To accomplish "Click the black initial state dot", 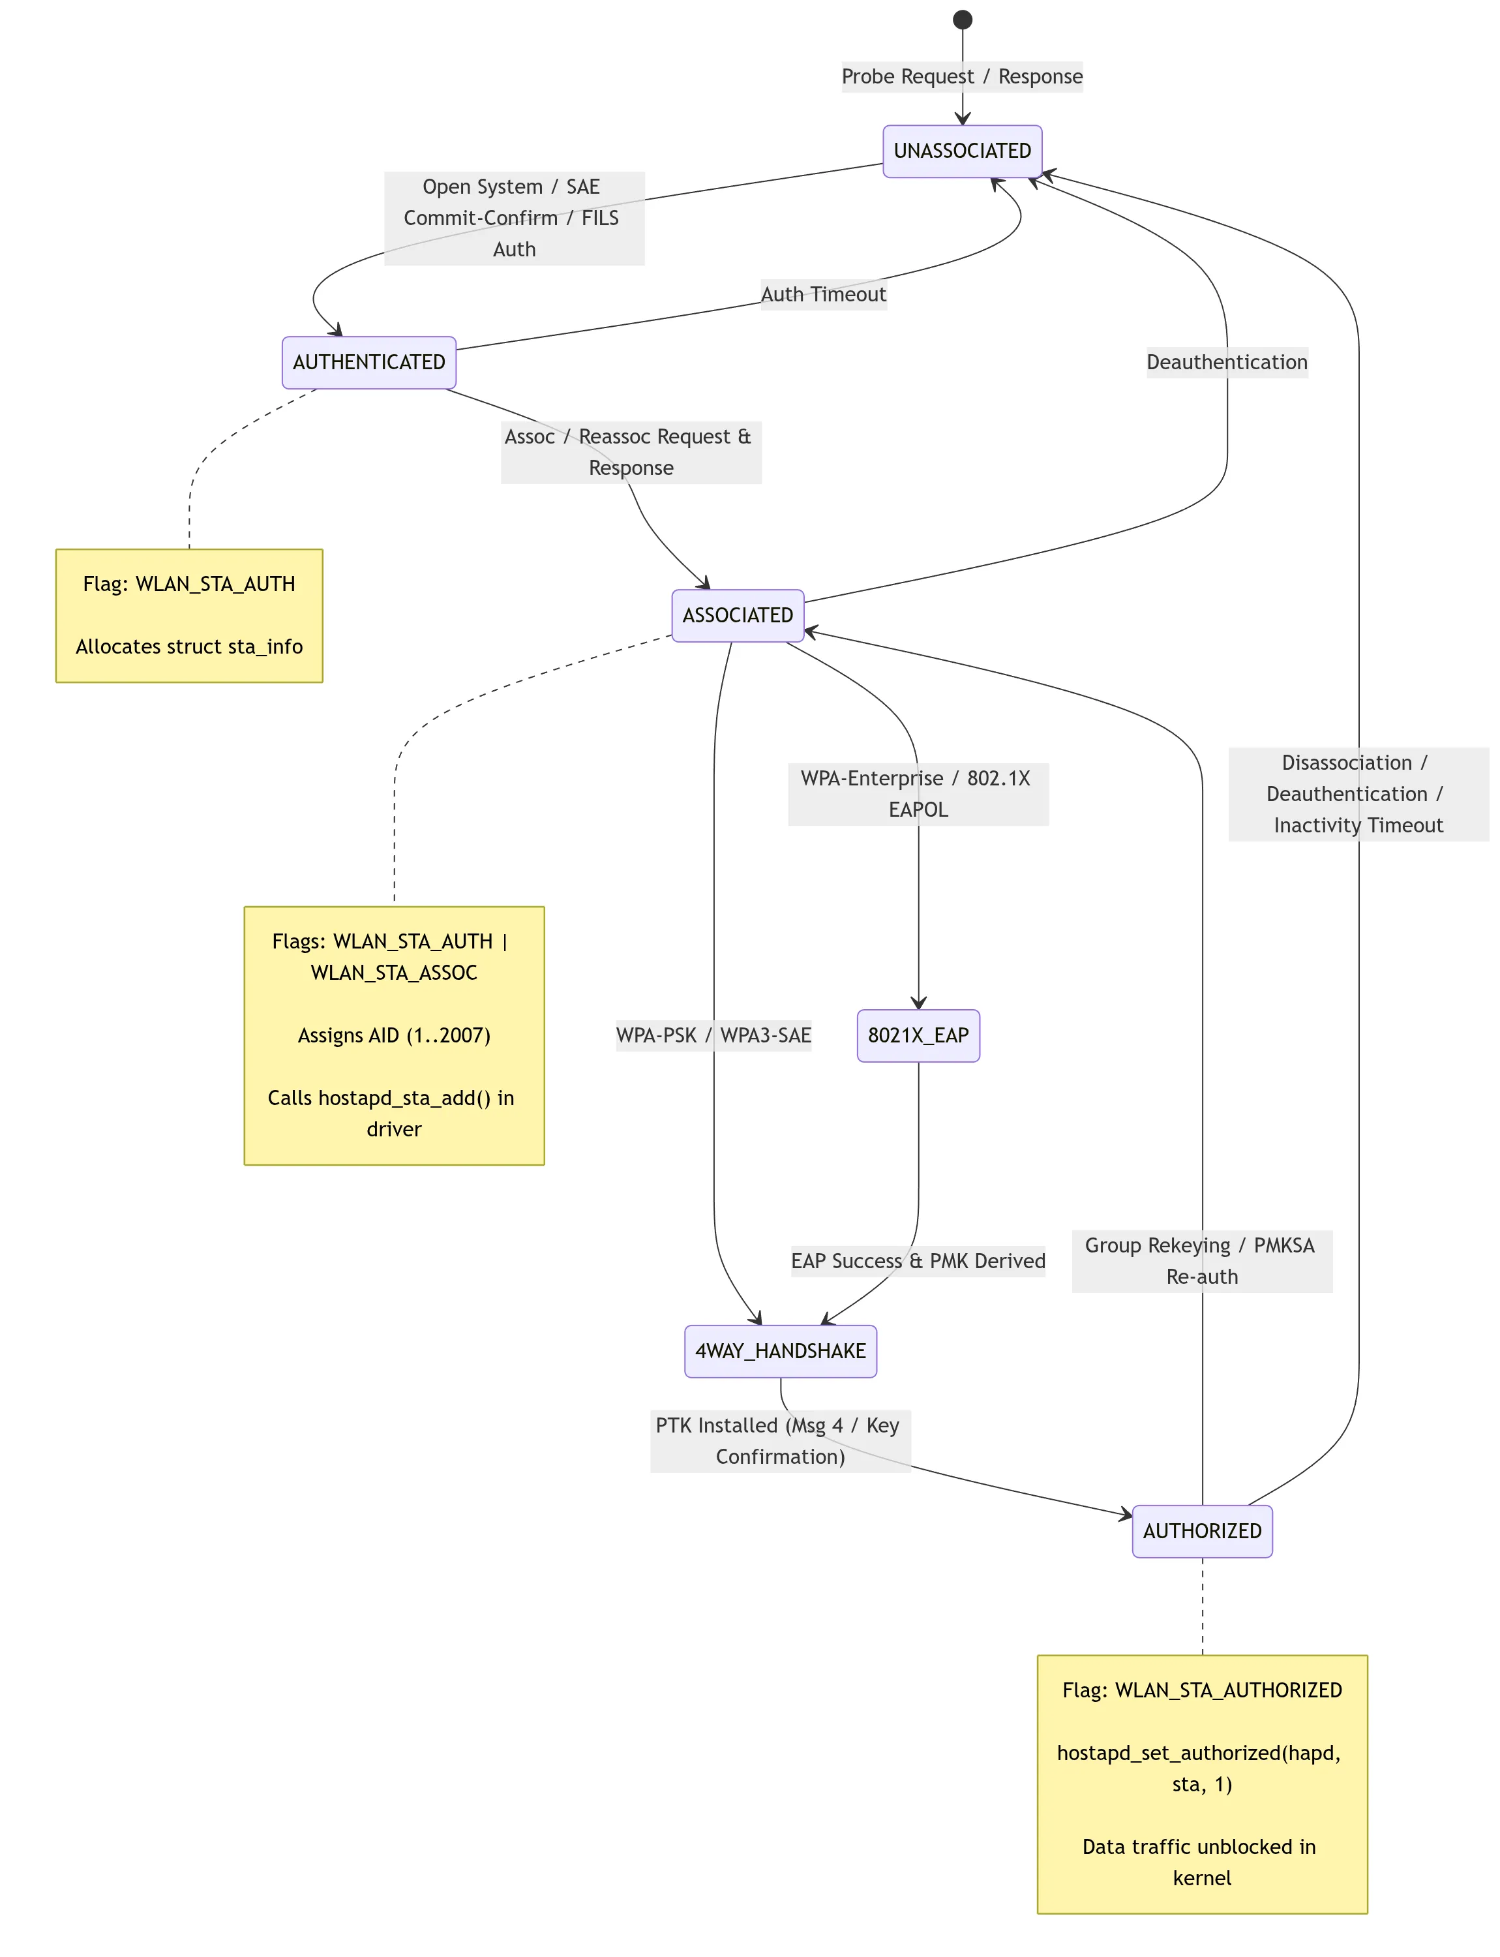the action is pos(963,20).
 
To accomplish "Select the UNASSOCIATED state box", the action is pos(963,151).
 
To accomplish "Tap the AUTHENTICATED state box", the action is pos(368,363).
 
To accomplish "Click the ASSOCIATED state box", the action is pos(738,615).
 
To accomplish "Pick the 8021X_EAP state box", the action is pos(918,1036).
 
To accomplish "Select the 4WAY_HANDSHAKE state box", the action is pos(781,1352).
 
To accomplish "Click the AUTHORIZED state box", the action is pos(1202,1531).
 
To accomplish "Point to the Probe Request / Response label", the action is pos(963,77).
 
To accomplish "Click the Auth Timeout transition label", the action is pos(823,295).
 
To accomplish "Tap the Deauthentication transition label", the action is pos(1227,363).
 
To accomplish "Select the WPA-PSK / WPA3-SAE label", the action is pos(713,1036).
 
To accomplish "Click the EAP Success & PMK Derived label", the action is pos(918,1261).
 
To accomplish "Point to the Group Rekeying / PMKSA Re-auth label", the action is pos(1202,1261).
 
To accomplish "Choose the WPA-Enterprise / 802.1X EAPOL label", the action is pos(918,794).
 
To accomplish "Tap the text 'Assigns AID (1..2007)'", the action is pos(394,1036).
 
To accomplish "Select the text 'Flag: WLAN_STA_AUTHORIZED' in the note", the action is pos(1202,1691).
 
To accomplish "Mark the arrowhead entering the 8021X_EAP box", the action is pos(918,1003).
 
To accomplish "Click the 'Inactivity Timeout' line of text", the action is pos(1358,825).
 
